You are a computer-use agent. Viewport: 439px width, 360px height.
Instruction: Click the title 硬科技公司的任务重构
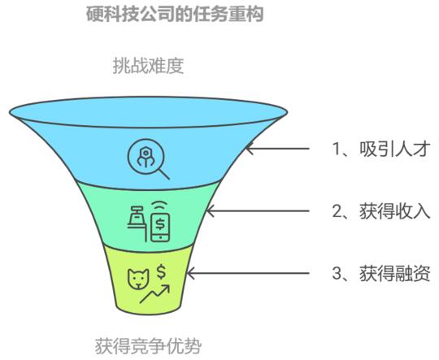tap(175, 14)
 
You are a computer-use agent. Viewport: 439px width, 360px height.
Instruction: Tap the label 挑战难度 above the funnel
tap(148, 66)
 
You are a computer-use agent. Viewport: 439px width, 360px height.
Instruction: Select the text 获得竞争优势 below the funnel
tap(148, 346)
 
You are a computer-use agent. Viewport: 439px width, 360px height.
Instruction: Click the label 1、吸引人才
tap(380, 149)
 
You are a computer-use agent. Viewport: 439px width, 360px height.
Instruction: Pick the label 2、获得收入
tap(380, 211)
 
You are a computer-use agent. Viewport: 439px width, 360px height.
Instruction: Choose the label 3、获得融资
tap(380, 273)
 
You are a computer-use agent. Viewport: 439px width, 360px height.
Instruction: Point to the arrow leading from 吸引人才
tap(277, 149)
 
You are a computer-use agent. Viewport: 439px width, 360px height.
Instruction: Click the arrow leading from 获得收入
tap(258, 210)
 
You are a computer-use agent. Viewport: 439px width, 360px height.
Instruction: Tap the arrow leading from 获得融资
tap(248, 273)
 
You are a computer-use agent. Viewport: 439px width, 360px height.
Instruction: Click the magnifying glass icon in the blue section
tap(146, 157)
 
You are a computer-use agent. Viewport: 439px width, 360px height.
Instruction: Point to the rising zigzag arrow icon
tap(154, 293)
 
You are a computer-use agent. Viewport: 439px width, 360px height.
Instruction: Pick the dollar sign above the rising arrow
tap(161, 272)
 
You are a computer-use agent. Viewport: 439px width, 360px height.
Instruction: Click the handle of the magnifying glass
tap(164, 174)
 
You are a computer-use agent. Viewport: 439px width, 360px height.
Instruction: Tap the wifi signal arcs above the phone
tap(160, 205)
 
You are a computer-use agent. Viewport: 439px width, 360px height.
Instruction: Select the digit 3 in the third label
tap(337, 273)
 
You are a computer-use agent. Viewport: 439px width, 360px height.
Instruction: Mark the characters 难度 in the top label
tap(166, 66)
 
